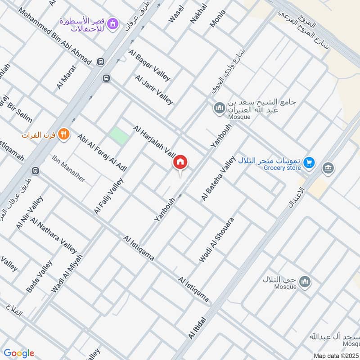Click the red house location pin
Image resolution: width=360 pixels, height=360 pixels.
[180, 162]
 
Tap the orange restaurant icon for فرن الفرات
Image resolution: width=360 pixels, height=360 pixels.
[64, 134]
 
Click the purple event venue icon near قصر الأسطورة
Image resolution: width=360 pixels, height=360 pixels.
[113, 22]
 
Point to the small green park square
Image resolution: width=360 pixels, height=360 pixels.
[119, 136]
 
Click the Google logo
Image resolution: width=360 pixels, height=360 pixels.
[19, 353]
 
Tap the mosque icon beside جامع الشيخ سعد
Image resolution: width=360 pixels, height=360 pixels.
[219, 108]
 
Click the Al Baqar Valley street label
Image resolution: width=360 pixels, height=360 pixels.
[149, 66]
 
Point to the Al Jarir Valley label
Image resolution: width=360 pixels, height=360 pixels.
[153, 90]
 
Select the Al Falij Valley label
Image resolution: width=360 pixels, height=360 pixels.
[108, 196]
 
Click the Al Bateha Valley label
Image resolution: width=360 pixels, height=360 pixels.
[218, 179]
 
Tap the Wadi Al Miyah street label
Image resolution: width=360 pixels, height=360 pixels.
[67, 274]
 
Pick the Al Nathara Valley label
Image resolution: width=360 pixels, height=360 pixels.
[54, 235]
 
